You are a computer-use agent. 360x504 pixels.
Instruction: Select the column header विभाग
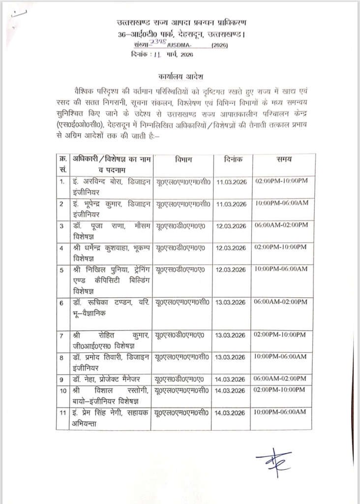click(x=183, y=159)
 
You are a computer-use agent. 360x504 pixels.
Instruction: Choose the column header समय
click(x=284, y=159)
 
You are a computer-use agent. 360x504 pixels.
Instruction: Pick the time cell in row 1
click(x=281, y=182)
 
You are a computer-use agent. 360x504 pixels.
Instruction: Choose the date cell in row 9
click(x=231, y=379)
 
